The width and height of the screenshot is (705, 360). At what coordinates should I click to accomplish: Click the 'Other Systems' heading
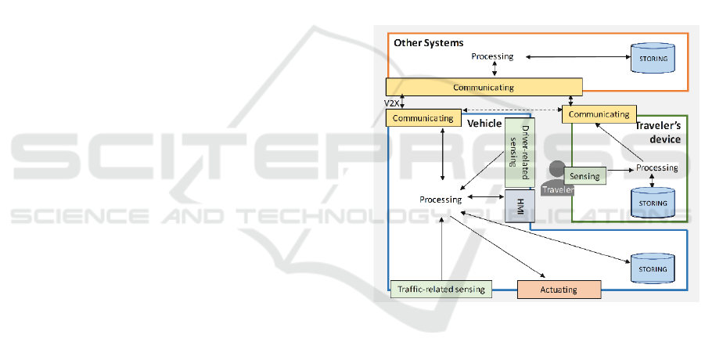coord(428,42)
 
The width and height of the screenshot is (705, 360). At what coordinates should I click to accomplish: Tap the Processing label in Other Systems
coord(492,56)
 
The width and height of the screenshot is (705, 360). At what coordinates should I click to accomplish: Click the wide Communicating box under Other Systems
coord(485,87)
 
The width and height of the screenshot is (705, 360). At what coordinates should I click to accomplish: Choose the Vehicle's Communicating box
coord(423,118)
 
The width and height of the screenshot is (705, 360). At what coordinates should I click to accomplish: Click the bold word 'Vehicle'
coord(484,124)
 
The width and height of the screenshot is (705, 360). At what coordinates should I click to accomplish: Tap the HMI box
coord(518,205)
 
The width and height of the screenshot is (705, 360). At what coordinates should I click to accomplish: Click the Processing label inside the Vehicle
coord(441,200)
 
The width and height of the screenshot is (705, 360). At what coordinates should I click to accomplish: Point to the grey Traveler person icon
coord(557,176)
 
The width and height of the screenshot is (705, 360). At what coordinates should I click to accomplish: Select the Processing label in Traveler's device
coord(656,168)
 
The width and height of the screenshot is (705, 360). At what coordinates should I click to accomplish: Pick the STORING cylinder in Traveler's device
coord(652,200)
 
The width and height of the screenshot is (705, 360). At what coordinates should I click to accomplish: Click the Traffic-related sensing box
coord(441,289)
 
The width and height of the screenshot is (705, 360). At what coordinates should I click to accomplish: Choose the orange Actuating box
coord(559,290)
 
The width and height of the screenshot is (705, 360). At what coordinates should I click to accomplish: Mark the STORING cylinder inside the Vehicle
coord(652,268)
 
